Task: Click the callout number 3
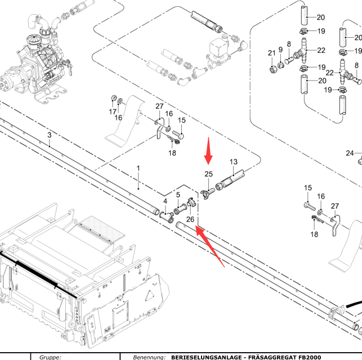tap(50, 135)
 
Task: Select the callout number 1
tap(138, 168)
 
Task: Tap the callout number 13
tap(234, 162)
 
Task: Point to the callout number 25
tap(209, 174)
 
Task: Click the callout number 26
tap(190, 219)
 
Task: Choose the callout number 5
tap(178, 195)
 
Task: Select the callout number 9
tap(280, 50)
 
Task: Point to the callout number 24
tap(350, 153)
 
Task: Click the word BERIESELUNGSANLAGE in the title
tap(208, 357)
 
